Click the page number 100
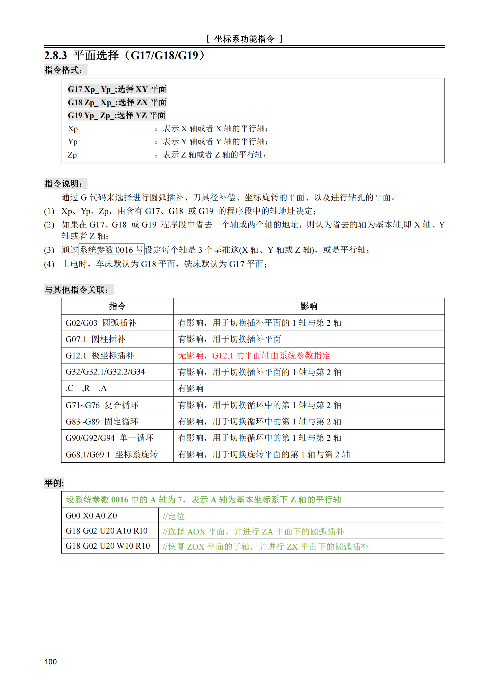click(x=51, y=661)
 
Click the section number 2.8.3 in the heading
click(x=55, y=56)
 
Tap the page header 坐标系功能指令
click(x=244, y=39)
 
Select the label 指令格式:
click(x=64, y=70)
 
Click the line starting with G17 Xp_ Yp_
click(x=117, y=89)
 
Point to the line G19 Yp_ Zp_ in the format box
click(x=116, y=116)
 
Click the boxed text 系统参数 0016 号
click(x=112, y=250)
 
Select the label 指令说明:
click(x=64, y=184)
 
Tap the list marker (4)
click(x=49, y=264)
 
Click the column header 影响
click(x=309, y=306)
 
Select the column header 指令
click(x=117, y=306)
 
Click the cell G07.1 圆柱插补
click(x=96, y=339)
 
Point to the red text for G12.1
click(x=254, y=356)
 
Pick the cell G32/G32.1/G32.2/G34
click(x=105, y=372)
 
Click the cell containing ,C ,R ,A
click(x=86, y=388)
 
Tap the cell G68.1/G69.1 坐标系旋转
click(x=112, y=454)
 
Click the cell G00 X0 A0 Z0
click(x=91, y=516)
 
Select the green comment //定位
click(x=173, y=516)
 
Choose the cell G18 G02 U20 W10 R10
click(x=108, y=546)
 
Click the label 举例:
click(x=54, y=483)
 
